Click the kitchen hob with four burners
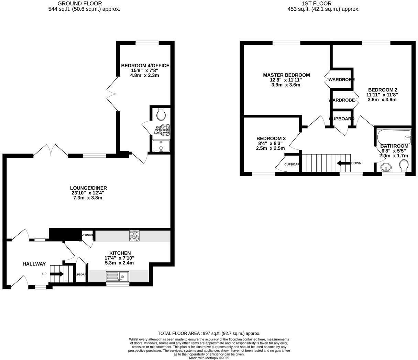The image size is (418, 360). pos(134,236)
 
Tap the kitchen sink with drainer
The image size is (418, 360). pos(117,276)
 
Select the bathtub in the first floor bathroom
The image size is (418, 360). pos(394,137)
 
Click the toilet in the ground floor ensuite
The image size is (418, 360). pos(161,113)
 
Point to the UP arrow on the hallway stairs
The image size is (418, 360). pos(57,274)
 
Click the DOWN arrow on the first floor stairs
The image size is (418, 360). pos(343,163)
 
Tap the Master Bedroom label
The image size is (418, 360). pos(286,75)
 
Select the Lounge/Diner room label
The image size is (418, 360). pos(88,188)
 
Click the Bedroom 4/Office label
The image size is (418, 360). pos(145,66)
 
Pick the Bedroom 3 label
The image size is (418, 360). pos(271,138)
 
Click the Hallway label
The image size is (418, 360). pos(34,264)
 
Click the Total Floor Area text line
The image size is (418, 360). pos(209,333)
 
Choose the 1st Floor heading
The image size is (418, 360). pos(316,3)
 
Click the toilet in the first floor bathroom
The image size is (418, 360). pos(404,167)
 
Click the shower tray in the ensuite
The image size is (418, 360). pos(161,146)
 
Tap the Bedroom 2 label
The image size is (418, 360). pos(382,90)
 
